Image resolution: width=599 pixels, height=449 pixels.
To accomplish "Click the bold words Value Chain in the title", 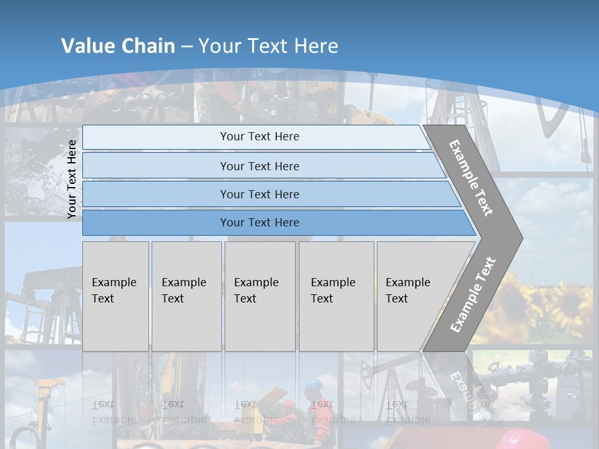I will (x=118, y=46).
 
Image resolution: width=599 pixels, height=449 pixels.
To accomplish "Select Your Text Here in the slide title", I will (x=268, y=46).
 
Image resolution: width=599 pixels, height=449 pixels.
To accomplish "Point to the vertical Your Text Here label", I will (x=72, y=180).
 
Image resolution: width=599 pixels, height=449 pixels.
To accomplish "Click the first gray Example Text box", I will (x=115, y=296).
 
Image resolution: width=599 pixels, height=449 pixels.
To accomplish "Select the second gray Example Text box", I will (x=187, y=296).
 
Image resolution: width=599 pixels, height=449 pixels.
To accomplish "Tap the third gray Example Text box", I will (x=260, y=296).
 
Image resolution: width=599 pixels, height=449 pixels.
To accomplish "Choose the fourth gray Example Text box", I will (x=336, y=296).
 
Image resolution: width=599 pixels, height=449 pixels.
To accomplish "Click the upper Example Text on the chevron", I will (x=471, y=178).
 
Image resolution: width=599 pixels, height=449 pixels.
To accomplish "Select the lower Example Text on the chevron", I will (x=473, y=295).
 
